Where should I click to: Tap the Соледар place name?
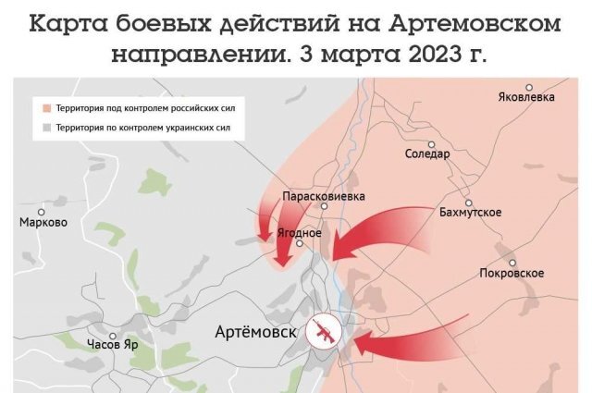point(427,154)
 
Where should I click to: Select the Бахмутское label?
point(471,213)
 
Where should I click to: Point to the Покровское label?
point(512,273)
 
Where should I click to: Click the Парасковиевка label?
point(324,197)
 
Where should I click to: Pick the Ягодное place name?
point(300,232)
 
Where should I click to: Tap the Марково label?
point(43,222)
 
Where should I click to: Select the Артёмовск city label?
point(254,332)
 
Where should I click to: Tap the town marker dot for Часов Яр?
point(111,336)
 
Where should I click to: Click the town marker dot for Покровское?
point(512,262)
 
